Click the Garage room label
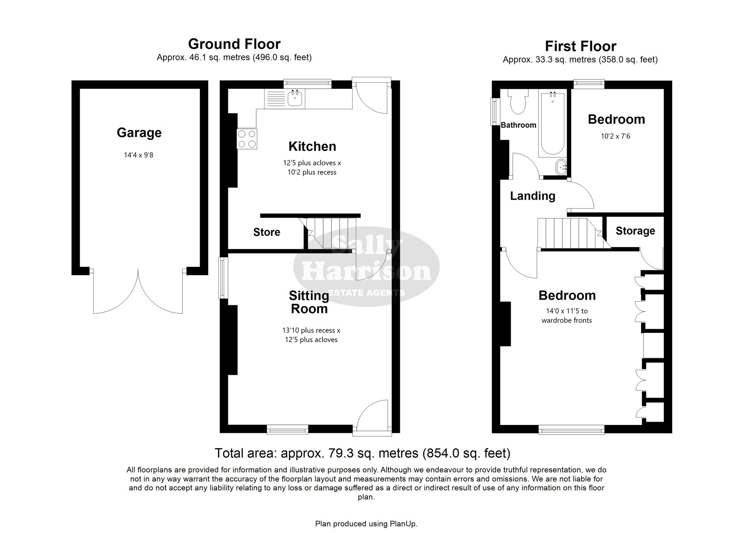click(x=139, y=133)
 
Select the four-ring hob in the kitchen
click(x=247, y=139)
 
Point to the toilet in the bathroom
click(x=518, y=101)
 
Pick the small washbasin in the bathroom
click(x=561, y=167)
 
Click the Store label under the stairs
click(x=267, y=232)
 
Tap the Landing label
click(x=533, y=196)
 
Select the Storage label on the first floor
click(x=635, y=231)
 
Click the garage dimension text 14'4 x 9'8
click(x=139, y=155)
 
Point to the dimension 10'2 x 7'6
click(x=616, y=136)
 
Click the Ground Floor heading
click(x=234, y=44)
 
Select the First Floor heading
click(x=581, y=46)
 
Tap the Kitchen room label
click(x=312, y=146)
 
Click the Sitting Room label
click(x=309, y=302)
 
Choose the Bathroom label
click(x=518, y=125)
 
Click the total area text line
click(x=362, y=453)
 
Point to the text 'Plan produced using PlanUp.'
click(x=366, y=524)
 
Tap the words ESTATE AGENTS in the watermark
click(x=367, y=293)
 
